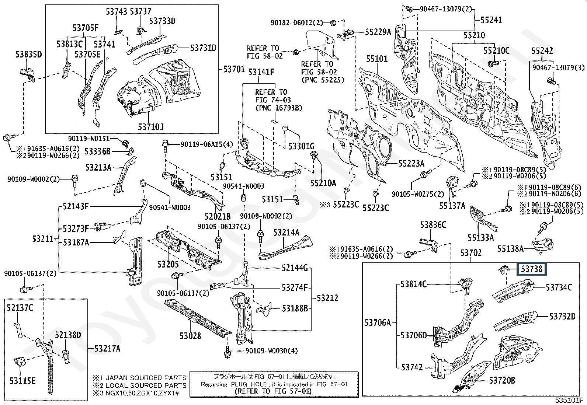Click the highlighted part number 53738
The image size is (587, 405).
click(x=531, y=269)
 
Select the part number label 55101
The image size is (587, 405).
click(x=377, y=59)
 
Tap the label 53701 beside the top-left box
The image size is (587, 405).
click(x=234, y=69)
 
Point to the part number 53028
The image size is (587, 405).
click(x=191, y=336)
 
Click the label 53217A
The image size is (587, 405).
click(x=107, y=348)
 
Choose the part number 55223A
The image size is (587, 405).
click(x=411, y=164)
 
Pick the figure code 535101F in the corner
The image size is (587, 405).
click(x=569, y=400)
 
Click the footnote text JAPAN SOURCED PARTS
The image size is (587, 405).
click(x=146, y=378)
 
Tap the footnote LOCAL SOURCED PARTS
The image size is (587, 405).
click(x=146, y=385)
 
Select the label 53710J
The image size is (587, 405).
click(x=151, y=127)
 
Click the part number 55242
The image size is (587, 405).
click(x=542, y=50)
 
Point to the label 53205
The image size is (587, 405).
click(x=168, y=264)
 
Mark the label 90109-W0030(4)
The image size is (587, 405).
click(x=271, y=350)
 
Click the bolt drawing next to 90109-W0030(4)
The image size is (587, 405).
click(x=227, y=352)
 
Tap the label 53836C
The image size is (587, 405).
click(x=433, y=225)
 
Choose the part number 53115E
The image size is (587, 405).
click(x=22, y=381)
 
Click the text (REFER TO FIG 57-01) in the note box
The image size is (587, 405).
click(x=273, y=391)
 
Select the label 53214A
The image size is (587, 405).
click(x=286, y=233)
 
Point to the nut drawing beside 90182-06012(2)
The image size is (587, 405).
click(x=333, y=23)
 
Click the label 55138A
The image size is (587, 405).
click(x=510, y=249)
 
